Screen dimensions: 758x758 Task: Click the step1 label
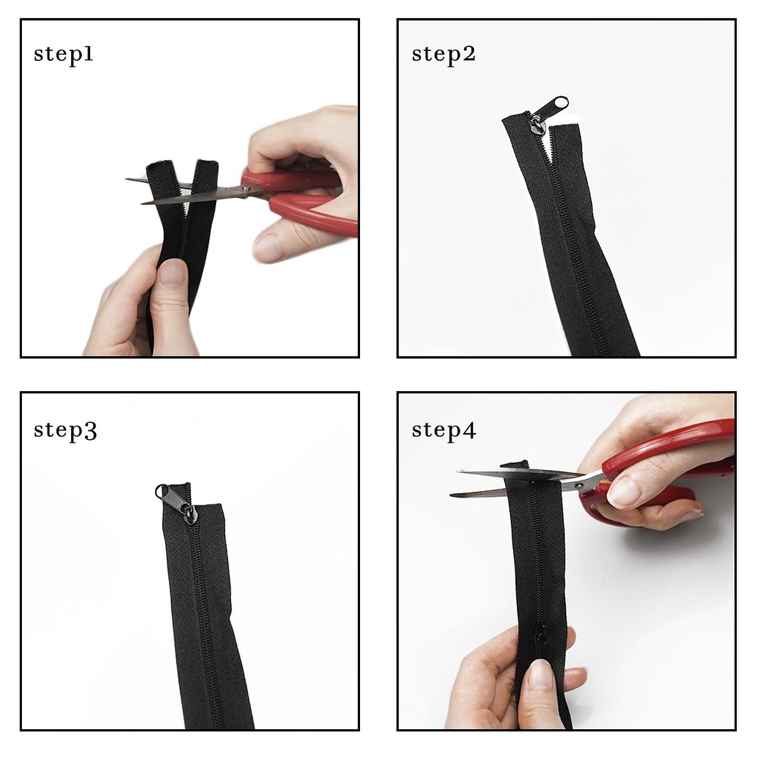[63, 55]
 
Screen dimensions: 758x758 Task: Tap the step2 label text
[443, 55]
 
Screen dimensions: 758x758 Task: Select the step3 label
[65, 431]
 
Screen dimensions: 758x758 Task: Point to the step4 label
[444, 431]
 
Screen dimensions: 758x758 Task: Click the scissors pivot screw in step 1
[246, 189]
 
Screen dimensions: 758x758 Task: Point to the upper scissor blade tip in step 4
[457, 471]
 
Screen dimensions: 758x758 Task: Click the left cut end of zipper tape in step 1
[162, 164]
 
